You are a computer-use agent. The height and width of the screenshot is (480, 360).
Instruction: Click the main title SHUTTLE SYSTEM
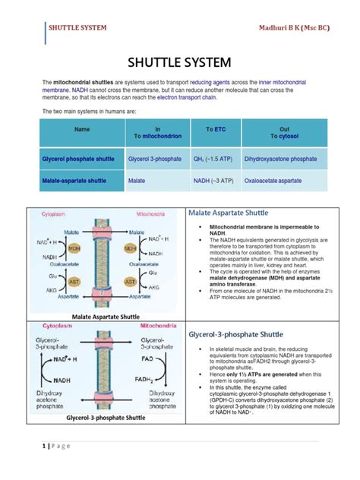click(x=180, y=61)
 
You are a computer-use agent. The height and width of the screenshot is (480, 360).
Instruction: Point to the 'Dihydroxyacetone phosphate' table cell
click(x=279, y=159)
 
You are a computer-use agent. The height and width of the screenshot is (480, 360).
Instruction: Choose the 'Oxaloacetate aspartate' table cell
click(x=273, y=182)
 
